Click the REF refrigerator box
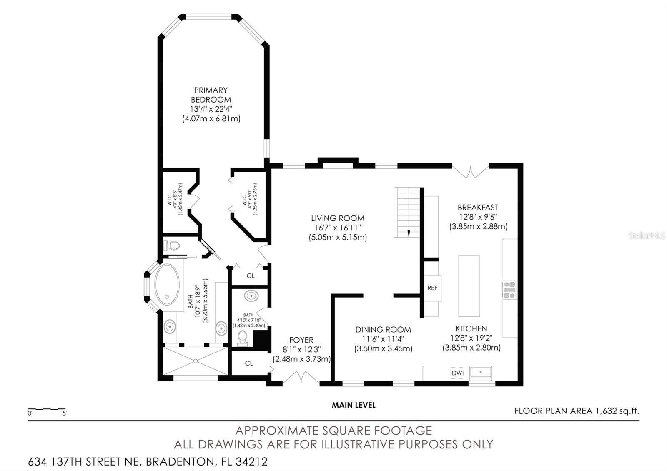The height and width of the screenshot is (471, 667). point(432,288)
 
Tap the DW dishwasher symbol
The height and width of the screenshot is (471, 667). point(457,373)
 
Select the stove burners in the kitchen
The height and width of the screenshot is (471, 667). point(509,290)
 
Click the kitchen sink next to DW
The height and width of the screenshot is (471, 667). point(481,371)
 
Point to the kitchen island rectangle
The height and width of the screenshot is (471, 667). point(469,286)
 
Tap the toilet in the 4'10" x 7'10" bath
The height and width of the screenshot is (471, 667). point(242,338)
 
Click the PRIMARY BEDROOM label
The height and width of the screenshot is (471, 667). point(211,95)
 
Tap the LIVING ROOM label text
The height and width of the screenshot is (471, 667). point(338,218)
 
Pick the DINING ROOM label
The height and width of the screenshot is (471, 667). point(383,330)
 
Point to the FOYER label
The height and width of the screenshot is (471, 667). point(301,340)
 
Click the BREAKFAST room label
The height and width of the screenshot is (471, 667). point(478,207)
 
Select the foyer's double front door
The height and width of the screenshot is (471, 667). point(301,378)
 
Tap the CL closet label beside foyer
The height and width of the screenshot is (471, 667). point(249,363)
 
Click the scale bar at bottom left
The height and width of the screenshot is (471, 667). point(47,409)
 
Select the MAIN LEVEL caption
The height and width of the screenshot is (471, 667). point(354,405)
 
